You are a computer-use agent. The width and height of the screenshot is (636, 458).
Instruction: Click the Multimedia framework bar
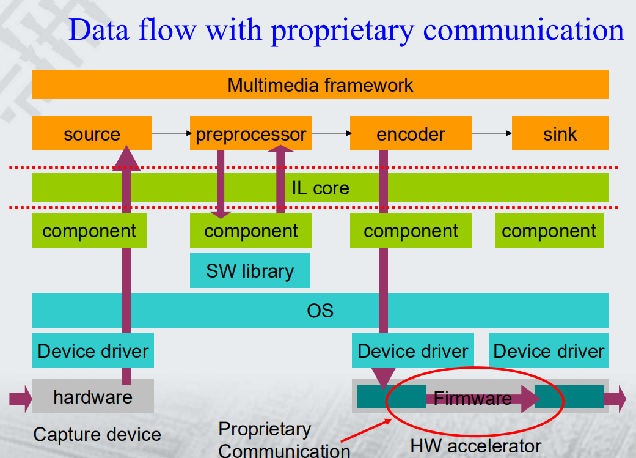[320, 85]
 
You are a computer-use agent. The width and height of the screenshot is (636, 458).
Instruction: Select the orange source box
[92, 133]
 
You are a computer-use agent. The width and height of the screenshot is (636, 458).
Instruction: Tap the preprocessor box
[251, 133]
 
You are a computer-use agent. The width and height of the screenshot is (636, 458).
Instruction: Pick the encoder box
[411, 133]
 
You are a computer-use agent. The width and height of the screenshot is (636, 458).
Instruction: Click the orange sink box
[560, 133]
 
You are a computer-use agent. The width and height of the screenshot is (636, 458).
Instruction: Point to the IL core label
[320, 188]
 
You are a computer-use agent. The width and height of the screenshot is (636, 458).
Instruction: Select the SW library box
[250, 271]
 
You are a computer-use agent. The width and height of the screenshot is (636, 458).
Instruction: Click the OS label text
[320, 311]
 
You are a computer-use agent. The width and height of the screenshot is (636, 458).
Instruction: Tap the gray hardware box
[92, 396]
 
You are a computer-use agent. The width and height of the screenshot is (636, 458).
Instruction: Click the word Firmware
[472, 398]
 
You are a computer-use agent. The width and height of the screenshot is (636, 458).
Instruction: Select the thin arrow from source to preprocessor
[171, 133]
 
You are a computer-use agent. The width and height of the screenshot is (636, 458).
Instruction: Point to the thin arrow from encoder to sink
[492, 133]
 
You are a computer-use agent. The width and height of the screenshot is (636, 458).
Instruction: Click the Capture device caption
[97, 434]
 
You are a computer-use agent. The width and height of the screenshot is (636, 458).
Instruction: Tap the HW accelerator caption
[476, 446]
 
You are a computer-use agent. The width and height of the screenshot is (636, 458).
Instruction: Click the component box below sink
[549, 230]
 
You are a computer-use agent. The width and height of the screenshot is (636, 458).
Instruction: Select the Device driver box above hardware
[92, 351]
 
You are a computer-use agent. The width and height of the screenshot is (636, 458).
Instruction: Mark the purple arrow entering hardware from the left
[21, 399]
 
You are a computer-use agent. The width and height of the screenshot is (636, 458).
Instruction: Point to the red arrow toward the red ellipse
[366, 430]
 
